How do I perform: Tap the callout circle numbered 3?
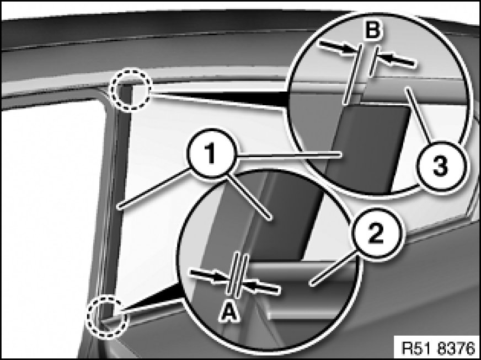pyautogui.click(x=441, y=166)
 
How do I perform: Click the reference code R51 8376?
pyautogui.click(x=438, y=348)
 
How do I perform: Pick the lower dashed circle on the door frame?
pyautogui.click(x=107, y=316)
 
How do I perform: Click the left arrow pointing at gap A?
pyautogui.click(x=210, y=275)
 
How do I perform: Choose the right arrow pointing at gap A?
pyautogui.click(x=261, y=287)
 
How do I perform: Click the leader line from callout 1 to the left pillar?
pyautogui.click(x=153, y=189)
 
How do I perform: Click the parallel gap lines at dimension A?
pyautogui.click(x=237, y=275)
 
